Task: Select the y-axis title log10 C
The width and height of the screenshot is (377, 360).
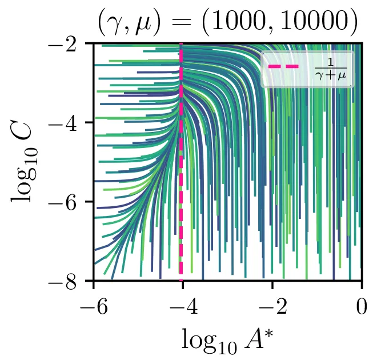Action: coord(26,162)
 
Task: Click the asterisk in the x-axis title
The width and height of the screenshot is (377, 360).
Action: coord(269,331)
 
